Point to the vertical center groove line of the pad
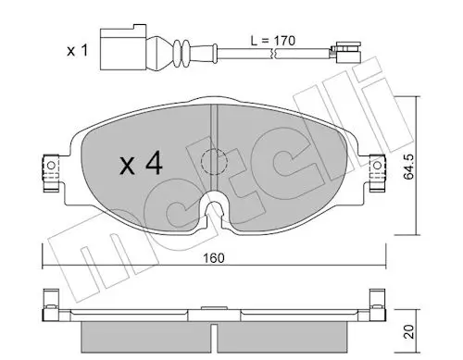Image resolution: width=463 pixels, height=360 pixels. [x=214, y=130]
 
